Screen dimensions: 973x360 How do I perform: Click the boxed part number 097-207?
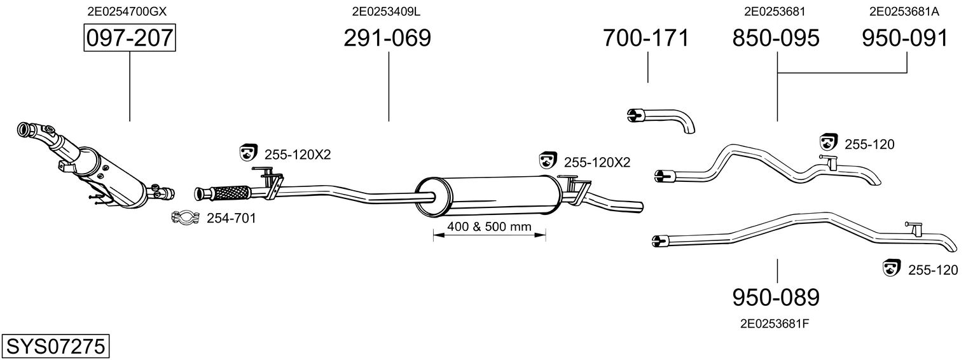coord(130,38)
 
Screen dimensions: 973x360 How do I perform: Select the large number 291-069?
coord(387,38)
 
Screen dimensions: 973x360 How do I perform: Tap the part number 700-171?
coord(646,38)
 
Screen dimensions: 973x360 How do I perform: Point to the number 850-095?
coord(776,38)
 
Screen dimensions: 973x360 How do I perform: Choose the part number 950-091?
coord(905,38)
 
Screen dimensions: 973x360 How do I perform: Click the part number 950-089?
coord(776,298)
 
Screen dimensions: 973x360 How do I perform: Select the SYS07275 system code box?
coord(55,346)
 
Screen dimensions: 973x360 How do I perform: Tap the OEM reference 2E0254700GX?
coord(127,11)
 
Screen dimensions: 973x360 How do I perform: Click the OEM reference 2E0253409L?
coord(386,11)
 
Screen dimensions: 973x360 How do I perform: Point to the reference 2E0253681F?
coord(775,324)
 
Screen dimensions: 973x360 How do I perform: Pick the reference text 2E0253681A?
coord(904,11)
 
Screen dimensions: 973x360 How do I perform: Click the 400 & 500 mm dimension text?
coord(490,226)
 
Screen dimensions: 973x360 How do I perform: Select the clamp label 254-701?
coord(231,218)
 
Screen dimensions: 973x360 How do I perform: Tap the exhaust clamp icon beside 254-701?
coord(186,217)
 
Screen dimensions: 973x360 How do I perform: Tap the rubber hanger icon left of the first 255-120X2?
coord(249,153)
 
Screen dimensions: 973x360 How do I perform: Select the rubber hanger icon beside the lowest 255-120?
coord(892,268)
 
